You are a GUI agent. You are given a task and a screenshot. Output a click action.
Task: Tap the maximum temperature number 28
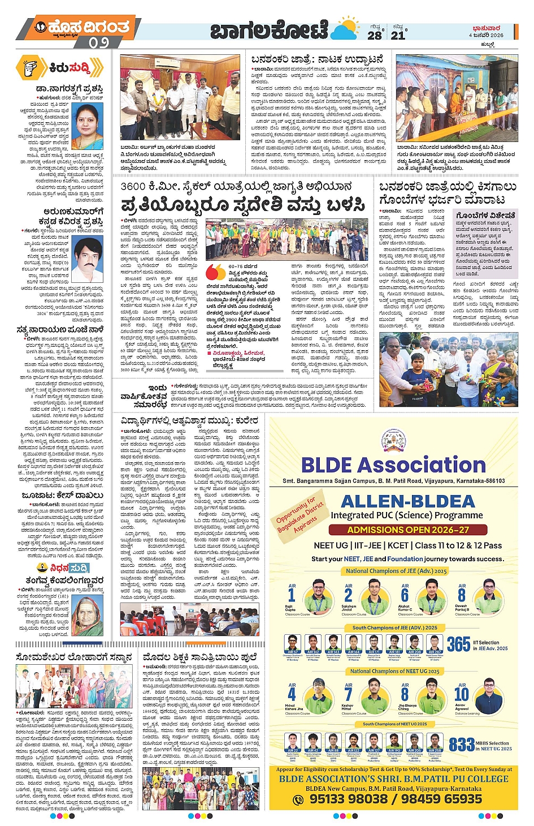pyautogui.click(x=375, y=35)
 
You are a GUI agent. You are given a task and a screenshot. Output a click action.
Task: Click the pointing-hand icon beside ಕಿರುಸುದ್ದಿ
pyautogui.click(x=31, y=68)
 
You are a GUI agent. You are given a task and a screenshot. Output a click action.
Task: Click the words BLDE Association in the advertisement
pyautogui.click(x=393, y=465)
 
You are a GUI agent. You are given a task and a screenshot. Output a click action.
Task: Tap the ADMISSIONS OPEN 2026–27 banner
pyautogui.click(x=408, y=530)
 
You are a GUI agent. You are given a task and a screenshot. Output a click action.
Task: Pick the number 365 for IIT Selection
pyautogui.click(x=458, y=644)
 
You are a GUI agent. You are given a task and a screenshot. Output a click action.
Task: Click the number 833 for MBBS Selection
pyautogui.click(x=461, y=745)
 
